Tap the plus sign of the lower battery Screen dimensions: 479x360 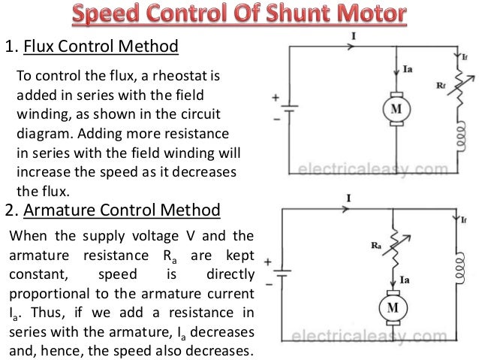pyautogui.click(x=276, y=265)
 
